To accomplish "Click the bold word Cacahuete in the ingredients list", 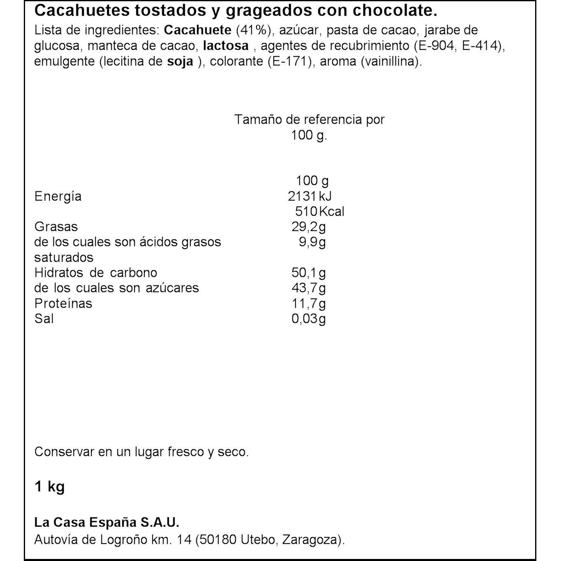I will pyautogui.click(x=198, y=30).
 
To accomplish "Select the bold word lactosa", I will pyautogui.click(x=226, y=46).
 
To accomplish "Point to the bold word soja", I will pyautogui.click(x=180, y=61).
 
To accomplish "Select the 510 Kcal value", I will pyautogui.click(x=320, y=212).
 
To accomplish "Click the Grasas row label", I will pyautogui.click(x=56, y=227).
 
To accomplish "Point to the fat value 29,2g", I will pyautogui.click(x=308, y=227).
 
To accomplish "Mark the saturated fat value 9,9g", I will pyautogui.click(x=312, y=242).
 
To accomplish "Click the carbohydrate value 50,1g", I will pyautogui.click(x=308, y=273).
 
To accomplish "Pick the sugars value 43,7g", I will pyautogui.click(x=308, y=288).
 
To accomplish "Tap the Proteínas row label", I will pyautogui.click(x=63, y=303).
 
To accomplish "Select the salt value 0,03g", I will pyautogui.click(x=308, y=319).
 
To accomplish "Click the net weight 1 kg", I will pyautogui.click(x=50, y=487).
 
